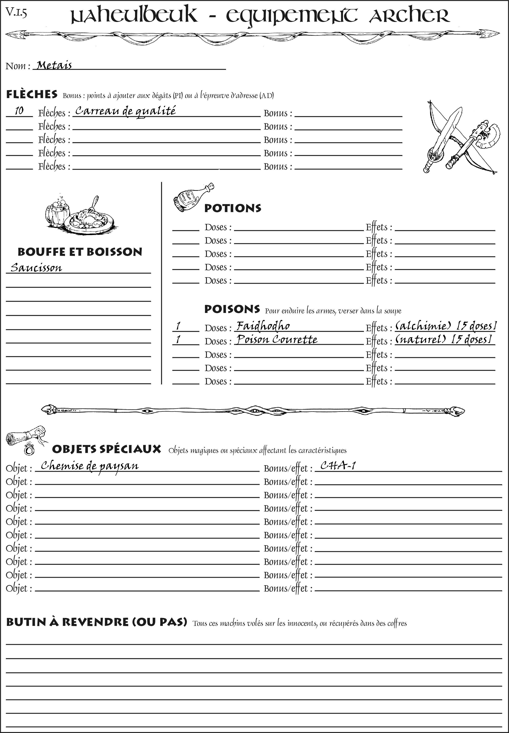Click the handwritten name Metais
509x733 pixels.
point(54,65)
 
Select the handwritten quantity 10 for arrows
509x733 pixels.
point(19,111)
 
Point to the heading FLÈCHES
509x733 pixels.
point(32,94)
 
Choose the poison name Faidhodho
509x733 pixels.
point(263,326)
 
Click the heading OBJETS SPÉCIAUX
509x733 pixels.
point(106,449)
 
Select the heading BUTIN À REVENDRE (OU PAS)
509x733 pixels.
point(96,622)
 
